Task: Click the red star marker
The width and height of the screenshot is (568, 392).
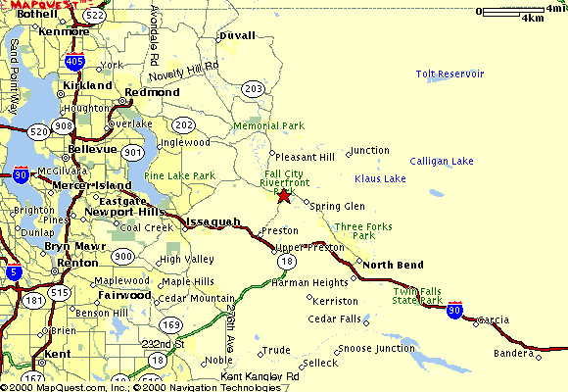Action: [283, 195]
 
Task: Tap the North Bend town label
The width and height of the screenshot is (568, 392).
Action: [393, 266]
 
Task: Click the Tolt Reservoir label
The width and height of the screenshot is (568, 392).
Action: [450, 73]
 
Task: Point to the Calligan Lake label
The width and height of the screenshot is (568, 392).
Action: [441, 161]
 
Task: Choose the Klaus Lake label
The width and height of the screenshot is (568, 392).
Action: [380, 178]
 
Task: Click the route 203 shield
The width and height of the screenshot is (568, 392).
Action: [254, 89]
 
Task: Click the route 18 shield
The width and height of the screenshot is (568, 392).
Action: [286, 263]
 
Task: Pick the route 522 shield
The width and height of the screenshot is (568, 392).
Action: [95, 17]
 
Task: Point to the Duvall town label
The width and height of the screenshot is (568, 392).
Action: [238, 35]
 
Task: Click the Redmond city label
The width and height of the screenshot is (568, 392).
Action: [153, 92]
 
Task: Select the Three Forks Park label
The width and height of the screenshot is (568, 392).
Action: [363, 231]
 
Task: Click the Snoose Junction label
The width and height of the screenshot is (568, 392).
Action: [377, 348]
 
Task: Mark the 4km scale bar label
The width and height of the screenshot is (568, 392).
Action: [533, 19]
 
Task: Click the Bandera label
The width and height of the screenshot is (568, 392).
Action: [514, 353]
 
